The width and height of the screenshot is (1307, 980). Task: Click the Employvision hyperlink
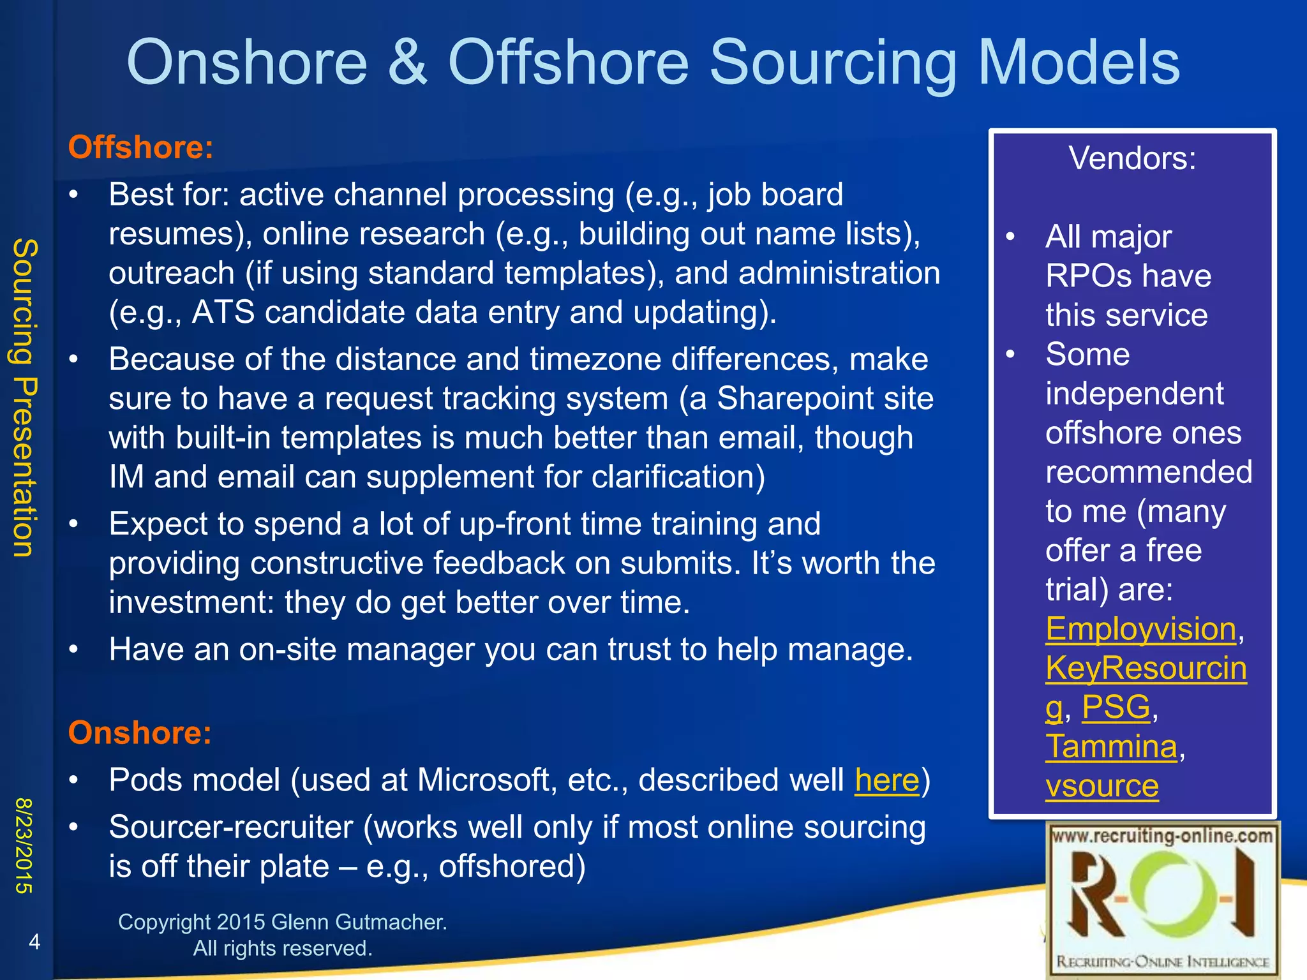(x=1140, y=629)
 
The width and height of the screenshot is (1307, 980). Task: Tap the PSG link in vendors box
(x=1116, y=708)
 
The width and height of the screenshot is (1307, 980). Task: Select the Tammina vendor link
(x=1111, y=746)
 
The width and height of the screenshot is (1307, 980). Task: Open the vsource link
(x=1102, y=786)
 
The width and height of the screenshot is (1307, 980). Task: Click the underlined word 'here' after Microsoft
(x=886, y=780)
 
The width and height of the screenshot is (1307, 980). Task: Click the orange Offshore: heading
(x=140, y=147)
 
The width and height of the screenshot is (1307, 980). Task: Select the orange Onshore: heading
(x=139, y=732)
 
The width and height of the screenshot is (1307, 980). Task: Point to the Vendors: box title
(x=1132, y=158)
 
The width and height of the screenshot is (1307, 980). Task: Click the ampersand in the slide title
(x=407, y=62)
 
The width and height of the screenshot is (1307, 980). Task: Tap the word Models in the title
(x=1079, y=62)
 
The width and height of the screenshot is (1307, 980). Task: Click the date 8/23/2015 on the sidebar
(x=24, y=845)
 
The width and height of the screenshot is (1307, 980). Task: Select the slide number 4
(x=34, y=942)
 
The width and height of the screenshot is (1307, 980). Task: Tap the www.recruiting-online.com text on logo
(x=1161, y=836)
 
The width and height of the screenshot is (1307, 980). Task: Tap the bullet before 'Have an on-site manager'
(x=74, y=650)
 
